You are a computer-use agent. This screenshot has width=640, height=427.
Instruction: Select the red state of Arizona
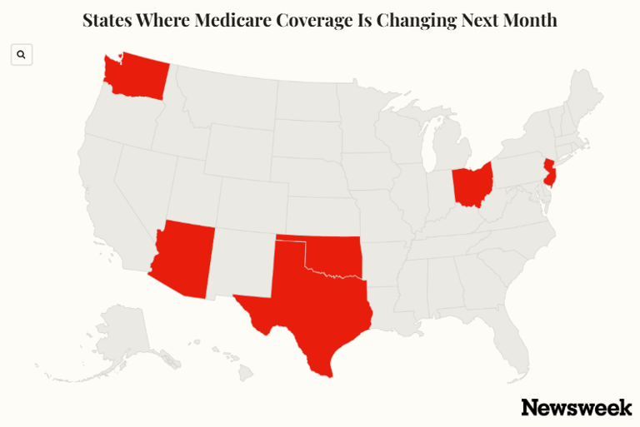pyautogui.click(x=183, y=257)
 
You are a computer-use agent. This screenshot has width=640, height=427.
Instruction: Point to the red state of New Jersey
pyautogui.click(x=549, y=173)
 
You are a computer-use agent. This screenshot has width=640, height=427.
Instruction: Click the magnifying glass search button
pyautogui.click(x=22, y=55)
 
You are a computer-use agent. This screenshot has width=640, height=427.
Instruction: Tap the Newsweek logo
pyautogui.click(x=576, y=407)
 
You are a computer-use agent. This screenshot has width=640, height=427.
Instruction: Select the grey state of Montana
pyautogui.click(x=225, y=96)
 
